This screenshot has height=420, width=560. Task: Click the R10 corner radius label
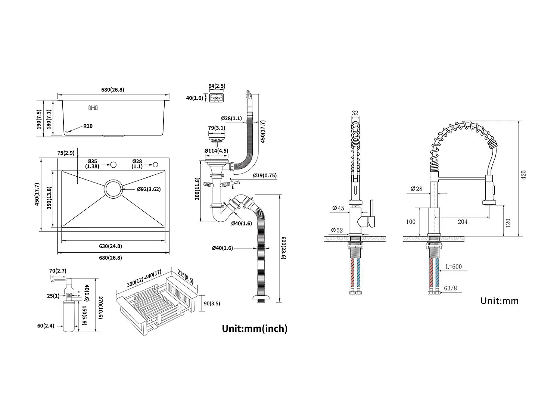click(x=88, y=126)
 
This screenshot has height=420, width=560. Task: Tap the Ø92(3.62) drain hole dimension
click(x=149, y=189)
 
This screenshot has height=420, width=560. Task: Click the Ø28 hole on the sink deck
click(x=155, y=165)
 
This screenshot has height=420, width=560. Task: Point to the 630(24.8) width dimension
click(x=111, y=246)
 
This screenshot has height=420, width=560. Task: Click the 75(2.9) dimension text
click(x=66, y=153)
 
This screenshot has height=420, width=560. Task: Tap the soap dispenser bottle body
click(x=69, y=316)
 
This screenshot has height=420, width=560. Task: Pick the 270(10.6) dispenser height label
click(x=100, y=307)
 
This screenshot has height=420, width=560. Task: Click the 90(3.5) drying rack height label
click(x=212, y=304)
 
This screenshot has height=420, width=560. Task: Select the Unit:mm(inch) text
click(x=255, y=329)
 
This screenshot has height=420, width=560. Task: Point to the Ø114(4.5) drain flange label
click(x=216, y=151)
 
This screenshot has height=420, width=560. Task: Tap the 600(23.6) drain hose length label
click(x=283, y=248)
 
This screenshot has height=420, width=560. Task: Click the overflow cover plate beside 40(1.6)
click(x=217, y=98)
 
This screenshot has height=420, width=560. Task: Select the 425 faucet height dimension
click(x=523, y=175)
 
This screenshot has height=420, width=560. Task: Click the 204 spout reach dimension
click(x=463, y=222)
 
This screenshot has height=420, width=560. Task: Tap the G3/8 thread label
click(x=451, y=288)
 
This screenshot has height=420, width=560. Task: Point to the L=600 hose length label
click(x=454, y=267)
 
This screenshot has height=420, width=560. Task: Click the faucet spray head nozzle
click(x=489, y=202)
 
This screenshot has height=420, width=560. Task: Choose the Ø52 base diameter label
click(x=337, y=230)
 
